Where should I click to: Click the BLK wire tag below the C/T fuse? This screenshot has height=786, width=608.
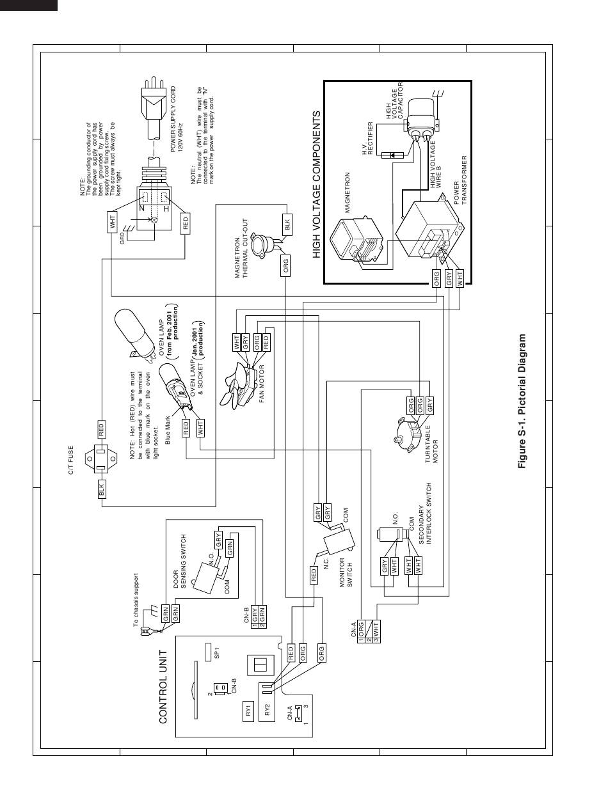click(x=101, y=490)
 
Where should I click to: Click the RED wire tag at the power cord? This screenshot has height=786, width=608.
click(x=186, y=223)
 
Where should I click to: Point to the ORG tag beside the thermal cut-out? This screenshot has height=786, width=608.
click(x=285, y=264)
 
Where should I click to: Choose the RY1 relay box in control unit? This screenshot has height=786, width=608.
click(x=248, y=711)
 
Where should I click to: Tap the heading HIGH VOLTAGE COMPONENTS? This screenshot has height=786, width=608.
click(x=316, y=185)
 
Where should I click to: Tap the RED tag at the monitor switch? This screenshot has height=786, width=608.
click(x=314, y=574)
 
